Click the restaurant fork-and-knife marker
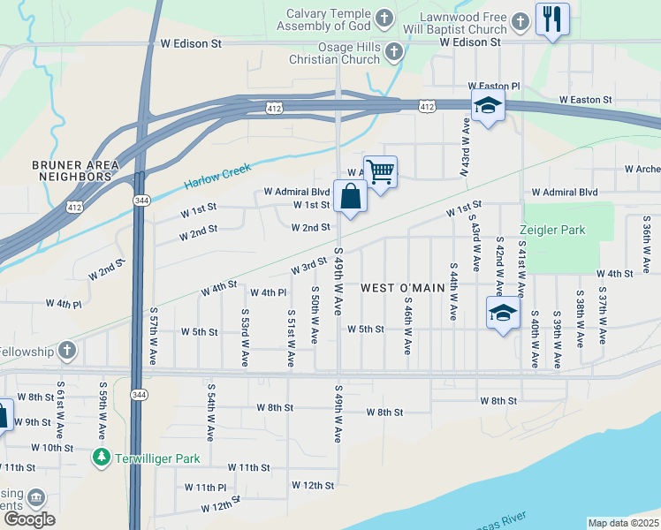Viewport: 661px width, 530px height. coord(552,19)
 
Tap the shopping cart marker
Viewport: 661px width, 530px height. coord(380,172)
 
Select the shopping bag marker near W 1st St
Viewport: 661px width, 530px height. coord(350,196)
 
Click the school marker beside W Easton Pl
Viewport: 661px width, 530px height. coord(487,106)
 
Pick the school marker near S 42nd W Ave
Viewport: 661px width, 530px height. coord(503,313)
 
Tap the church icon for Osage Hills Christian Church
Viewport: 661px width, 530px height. coord(394,53)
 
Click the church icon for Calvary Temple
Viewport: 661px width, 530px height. coord(384,17)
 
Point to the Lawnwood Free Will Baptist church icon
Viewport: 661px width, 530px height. coord(520,19)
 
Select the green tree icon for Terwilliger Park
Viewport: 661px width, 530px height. coord(102,458)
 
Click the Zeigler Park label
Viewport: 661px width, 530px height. coord(554,231)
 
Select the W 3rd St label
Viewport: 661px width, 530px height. coord(309,267)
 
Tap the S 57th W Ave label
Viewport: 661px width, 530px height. coord(153,337)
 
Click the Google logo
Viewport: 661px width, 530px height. coord(28,519)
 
